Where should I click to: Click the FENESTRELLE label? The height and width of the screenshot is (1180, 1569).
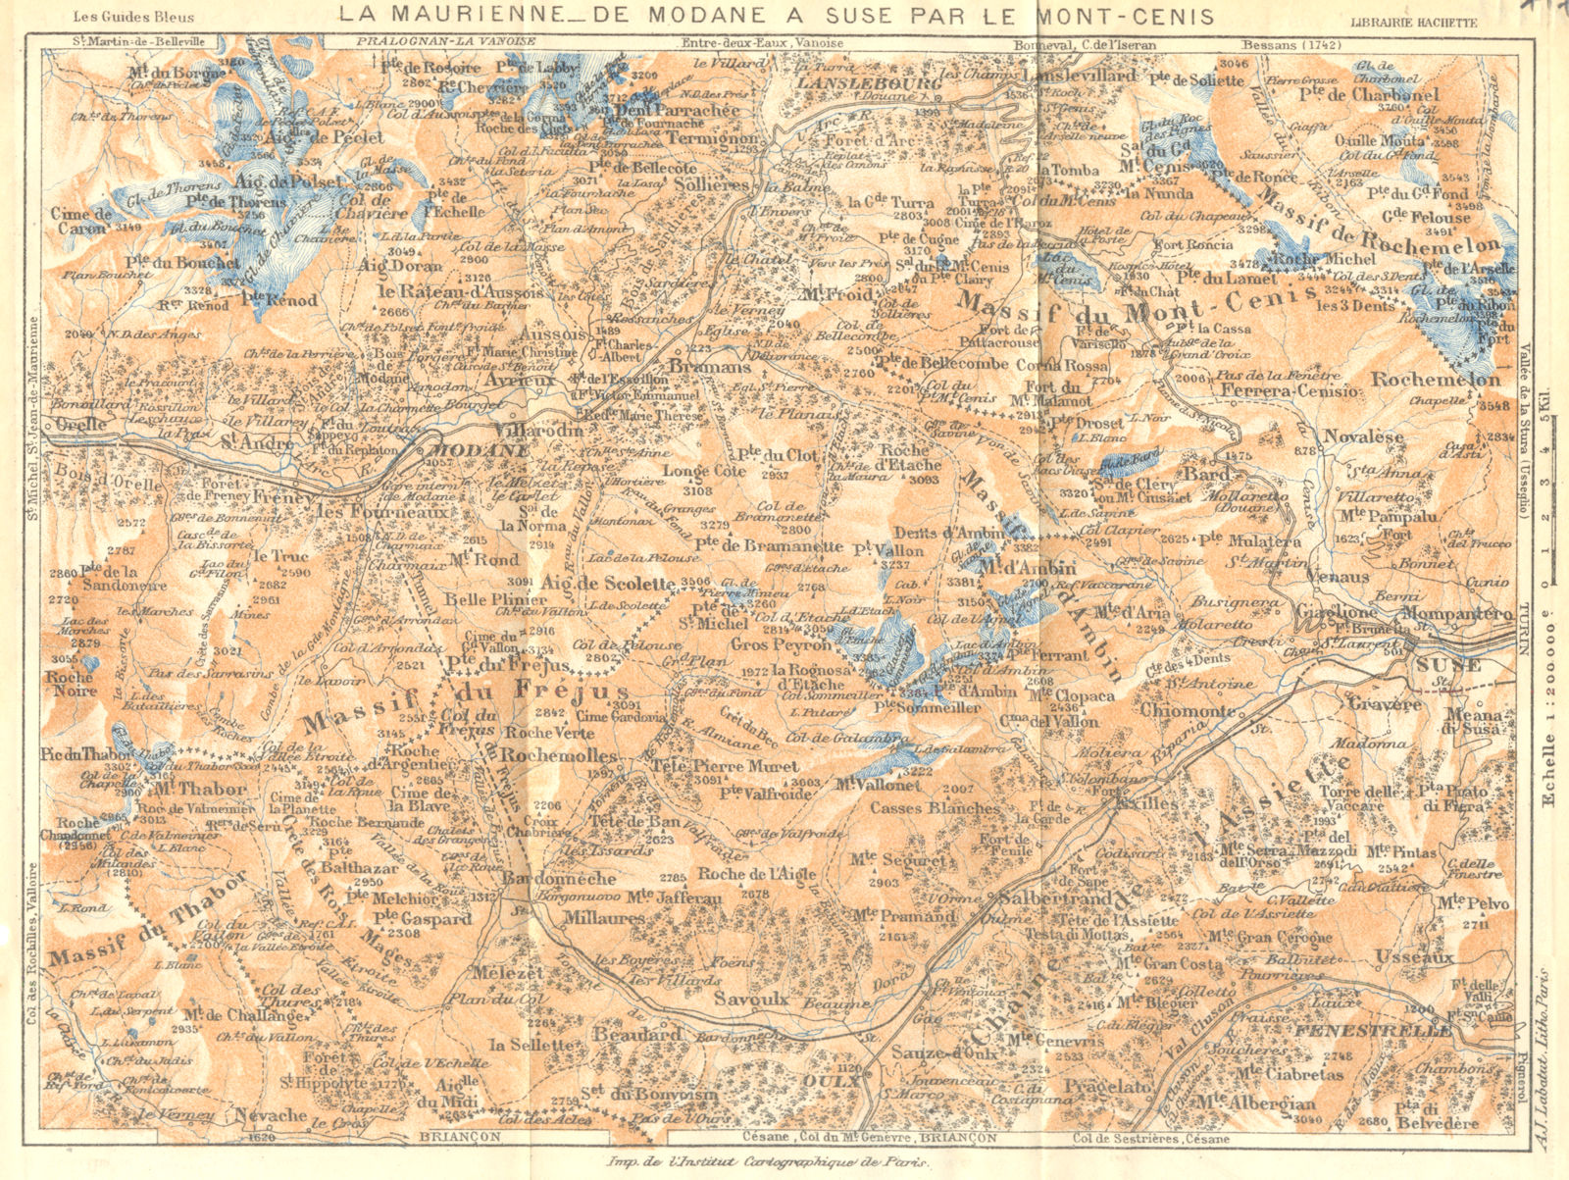pos(1373,1032)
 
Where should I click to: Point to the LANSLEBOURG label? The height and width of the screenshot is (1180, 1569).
pos(856,84)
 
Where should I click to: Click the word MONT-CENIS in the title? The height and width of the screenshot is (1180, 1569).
pos(1137,16)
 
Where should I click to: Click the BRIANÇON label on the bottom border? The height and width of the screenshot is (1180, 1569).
pos(460,1136)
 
